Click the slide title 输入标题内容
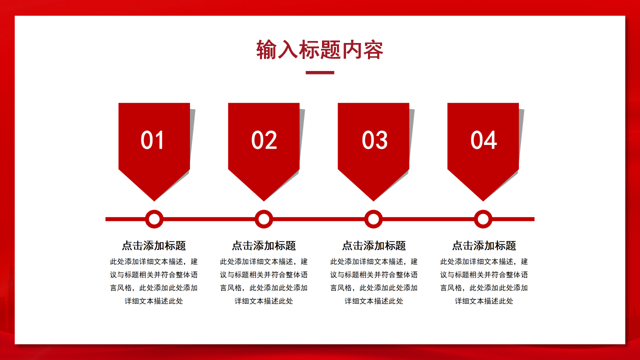(x=320, y=50)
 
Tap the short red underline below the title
(x=320, y=72)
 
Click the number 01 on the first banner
(x=152, y=140)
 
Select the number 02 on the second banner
(x=264, y=140)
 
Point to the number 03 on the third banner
(x=374, y=140)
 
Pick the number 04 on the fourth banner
(x=483, y=140)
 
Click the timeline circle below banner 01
(x=154, y=219)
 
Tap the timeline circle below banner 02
(x=264, y=219)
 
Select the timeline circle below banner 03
(x=373, y=219)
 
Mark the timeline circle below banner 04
(x=483, y=219)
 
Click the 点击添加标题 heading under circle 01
(x=154, y=245)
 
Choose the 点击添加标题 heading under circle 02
(x=264, y=245)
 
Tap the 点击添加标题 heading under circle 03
(x=374, y=245)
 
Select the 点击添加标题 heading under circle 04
(x=484, y=245)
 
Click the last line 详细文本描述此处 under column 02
(x=264, y=301)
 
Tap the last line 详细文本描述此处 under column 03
(x=374, y=301)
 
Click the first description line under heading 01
(x=154, y=261)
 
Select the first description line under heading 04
(x=484, y=261)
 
